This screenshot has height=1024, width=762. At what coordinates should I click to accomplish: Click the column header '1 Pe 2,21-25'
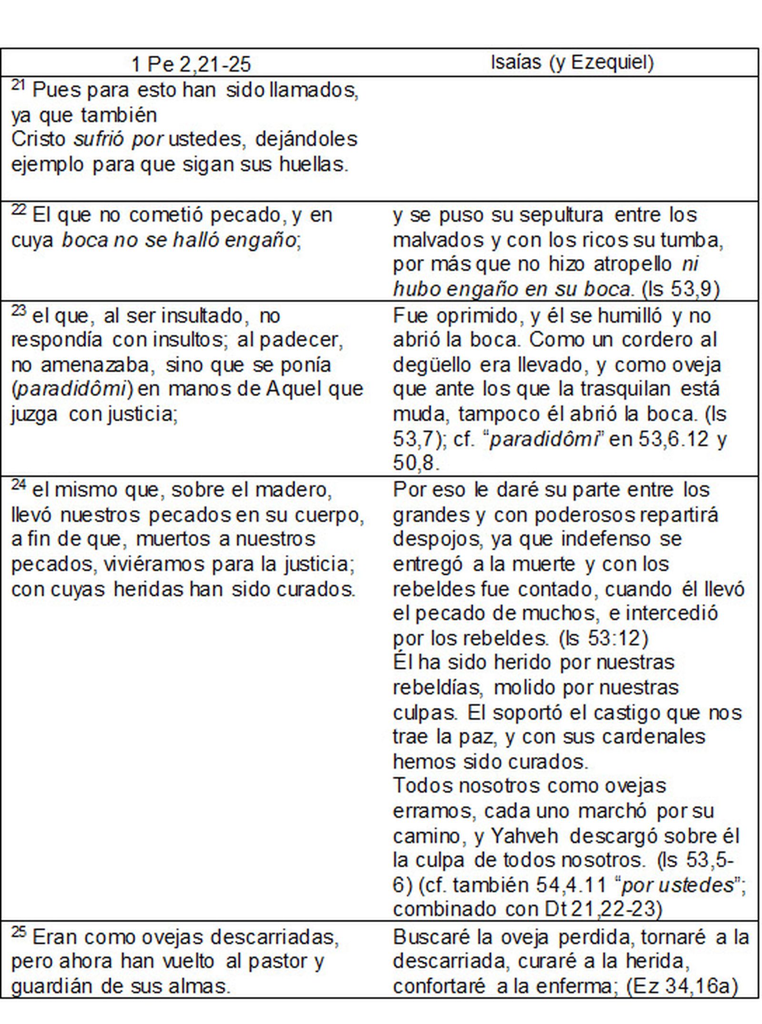click(x=190, y=64)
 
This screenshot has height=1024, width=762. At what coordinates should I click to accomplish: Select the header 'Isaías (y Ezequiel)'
click(x=572, y=62)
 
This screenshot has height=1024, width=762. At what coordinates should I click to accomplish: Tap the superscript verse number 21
click(x=18, y=85)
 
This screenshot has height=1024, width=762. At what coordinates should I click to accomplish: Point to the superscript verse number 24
click(x=18, y=485)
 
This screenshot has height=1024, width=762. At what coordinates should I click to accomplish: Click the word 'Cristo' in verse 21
click(x=38, y=139)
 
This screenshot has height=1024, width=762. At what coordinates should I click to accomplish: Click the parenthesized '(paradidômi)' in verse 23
click(x=71, y=389)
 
